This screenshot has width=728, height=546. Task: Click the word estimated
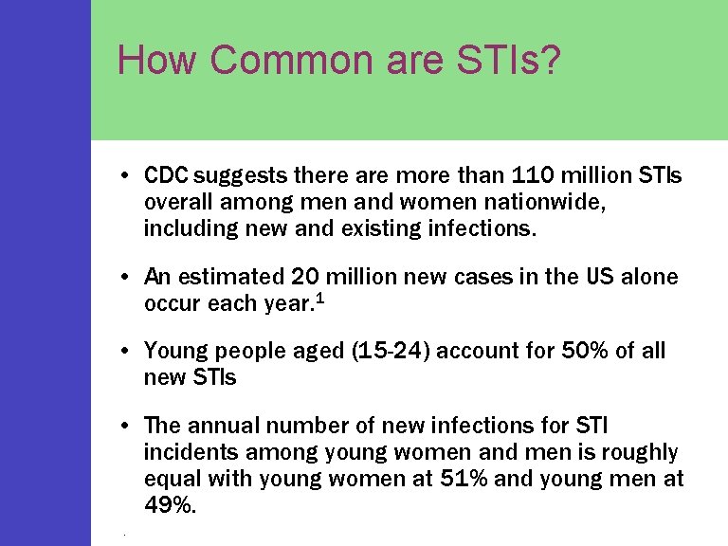(229, 277)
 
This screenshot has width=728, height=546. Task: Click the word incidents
(187, 453)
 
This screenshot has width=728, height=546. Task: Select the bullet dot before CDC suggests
(125, 177)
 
